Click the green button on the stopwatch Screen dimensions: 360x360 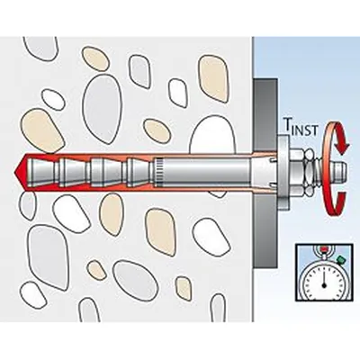pos(340,259)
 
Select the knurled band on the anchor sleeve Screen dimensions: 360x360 pos(159,172)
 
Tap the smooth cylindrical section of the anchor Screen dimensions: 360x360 pos(207,172)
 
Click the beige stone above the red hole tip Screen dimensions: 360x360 pos(42,131)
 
